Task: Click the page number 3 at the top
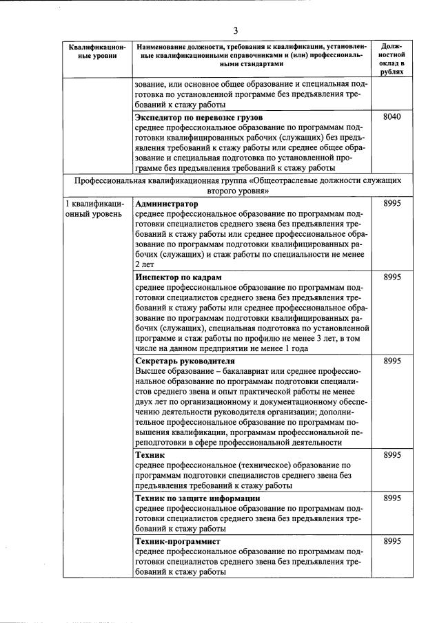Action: [235, 30]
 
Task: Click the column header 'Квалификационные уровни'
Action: [97, 52]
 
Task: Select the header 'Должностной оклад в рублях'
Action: [391, 58]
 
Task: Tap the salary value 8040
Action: [391, 118]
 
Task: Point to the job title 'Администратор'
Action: [167, 204]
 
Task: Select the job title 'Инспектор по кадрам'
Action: [178, 277]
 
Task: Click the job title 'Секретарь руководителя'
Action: [185, 361]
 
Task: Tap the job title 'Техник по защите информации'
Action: [197, 498]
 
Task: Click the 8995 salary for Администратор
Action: [391, 204]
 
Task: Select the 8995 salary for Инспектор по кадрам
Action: [391, 277]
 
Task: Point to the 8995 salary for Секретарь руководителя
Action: [391, 361]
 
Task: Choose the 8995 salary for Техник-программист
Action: [391, 542]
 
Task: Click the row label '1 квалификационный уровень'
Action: [95, 209]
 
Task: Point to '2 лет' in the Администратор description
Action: [145, 264]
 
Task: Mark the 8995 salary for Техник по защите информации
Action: [391, 498]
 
